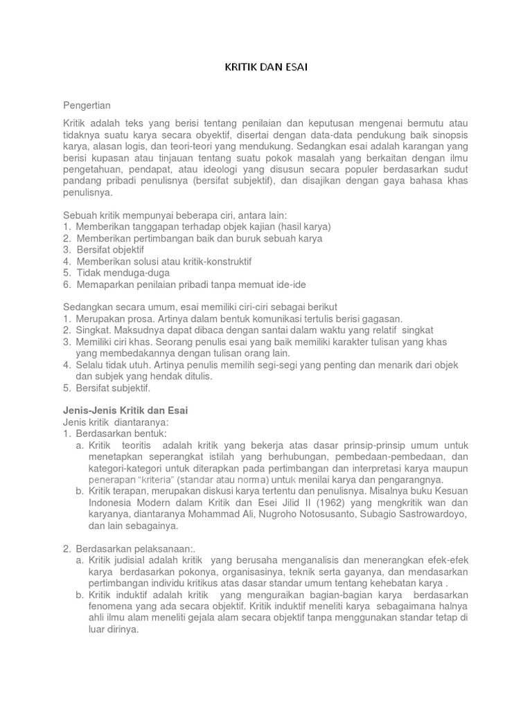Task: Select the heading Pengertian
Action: click(x=87, y=105)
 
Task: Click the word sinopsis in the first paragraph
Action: click(x=448, y=134)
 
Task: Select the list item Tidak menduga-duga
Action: click(x=123, y=273)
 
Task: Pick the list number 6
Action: click(x=66, y=285)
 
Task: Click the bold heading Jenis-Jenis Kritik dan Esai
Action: click(x=125, y=410)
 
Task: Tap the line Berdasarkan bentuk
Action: click(x=121, y=433)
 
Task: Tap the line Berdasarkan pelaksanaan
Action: click(x=129, y=549)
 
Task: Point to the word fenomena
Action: click(x=111, y=607)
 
